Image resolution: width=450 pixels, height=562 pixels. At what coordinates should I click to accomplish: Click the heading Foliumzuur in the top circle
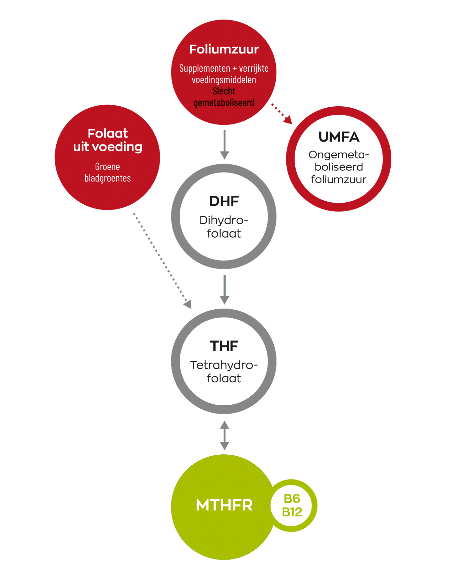(224, 49)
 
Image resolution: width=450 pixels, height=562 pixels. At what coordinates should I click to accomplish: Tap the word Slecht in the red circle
(224, 91)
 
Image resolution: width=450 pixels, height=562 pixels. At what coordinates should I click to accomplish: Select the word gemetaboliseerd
(224, 103)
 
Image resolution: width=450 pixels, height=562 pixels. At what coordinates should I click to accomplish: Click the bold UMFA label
(339, 137)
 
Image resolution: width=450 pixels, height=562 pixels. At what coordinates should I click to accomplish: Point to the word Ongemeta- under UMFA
(339, 155)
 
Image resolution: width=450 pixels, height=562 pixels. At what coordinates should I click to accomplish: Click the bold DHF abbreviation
(224, 201)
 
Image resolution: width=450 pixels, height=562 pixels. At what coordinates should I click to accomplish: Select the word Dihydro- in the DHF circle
(224, 220)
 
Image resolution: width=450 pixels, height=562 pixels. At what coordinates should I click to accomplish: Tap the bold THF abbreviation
(224, 346)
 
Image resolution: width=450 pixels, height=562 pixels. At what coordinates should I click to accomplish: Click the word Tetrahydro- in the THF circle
(224, 365)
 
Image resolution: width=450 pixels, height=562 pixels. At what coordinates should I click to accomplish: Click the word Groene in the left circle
(107, 167)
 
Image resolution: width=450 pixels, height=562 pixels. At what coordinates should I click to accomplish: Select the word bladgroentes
(107, 178)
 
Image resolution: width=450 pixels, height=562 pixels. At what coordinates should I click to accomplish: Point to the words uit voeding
(108, 147)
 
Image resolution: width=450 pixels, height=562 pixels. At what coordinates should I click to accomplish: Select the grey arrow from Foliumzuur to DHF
(224, 144)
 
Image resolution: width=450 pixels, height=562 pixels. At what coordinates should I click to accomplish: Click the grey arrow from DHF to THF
(224, 289)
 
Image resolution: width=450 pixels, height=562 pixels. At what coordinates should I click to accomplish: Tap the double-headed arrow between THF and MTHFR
(224, 435)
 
